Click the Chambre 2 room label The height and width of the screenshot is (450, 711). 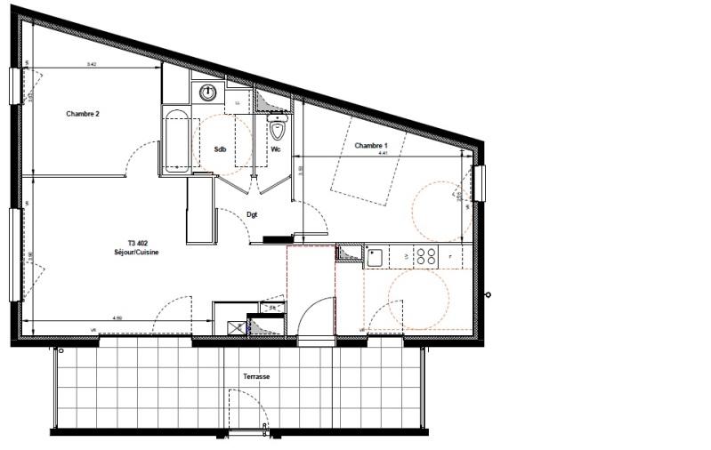(83, 114)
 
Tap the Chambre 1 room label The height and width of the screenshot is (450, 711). (372, 145)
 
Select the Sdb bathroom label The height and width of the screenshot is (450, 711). (220, 149)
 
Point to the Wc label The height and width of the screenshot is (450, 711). (277, 149)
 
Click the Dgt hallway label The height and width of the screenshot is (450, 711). (252, 214)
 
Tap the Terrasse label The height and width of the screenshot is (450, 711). (256, 377)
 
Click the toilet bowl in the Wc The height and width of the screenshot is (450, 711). (279, 132)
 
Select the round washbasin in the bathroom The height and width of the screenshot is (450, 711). (208, 92)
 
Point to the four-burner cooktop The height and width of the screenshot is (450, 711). (426, 257)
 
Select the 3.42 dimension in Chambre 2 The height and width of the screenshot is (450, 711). (92, 64)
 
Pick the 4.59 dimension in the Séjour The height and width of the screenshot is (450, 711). (117, 317)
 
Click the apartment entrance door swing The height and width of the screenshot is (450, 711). (314, 318)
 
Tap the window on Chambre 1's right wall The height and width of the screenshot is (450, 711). (480, 183)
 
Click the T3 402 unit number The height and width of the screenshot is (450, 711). (138, 244)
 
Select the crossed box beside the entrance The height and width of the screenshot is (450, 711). (237, 327)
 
